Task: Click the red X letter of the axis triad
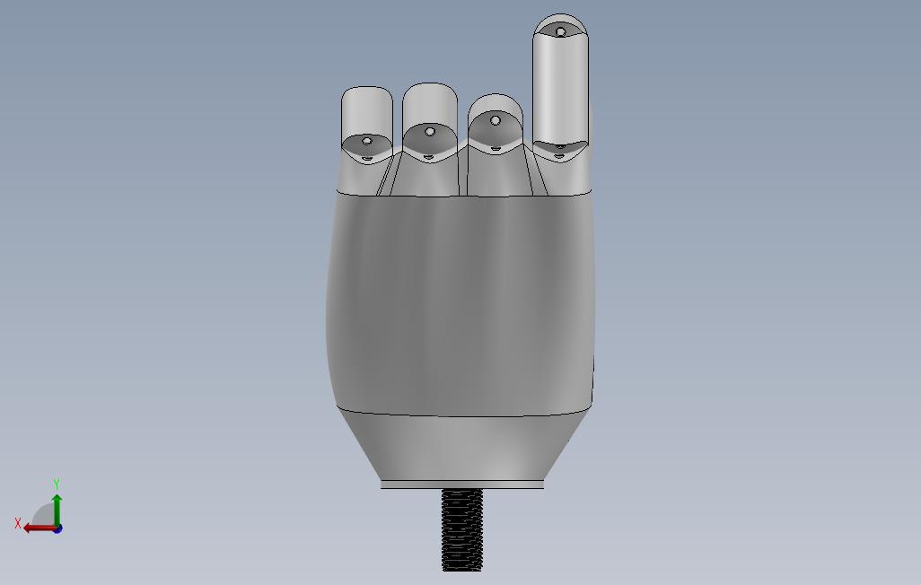(x=18, y=523)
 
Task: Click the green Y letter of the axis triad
(x=57, y=484)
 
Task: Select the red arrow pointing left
(x=39, y=528)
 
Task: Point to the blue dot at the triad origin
(x=57, y=529)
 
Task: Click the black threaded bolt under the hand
(x=461, y=530)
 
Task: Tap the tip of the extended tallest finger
(x=560, y=14)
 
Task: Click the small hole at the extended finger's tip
(x=560, y=31)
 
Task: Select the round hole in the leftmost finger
(x=367, y=141)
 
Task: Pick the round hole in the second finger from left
(x=430, y=132)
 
